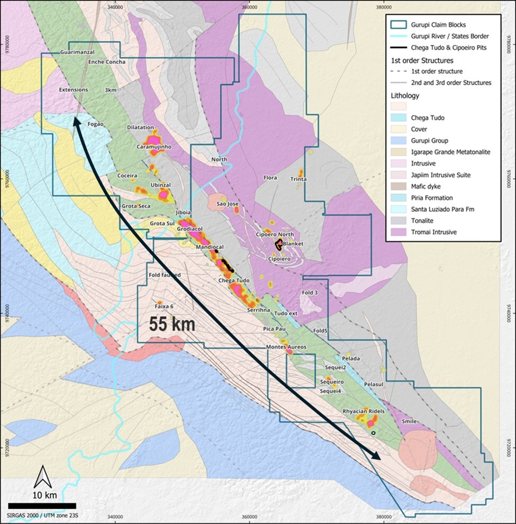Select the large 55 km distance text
(172, 324)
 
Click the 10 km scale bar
(42, 505)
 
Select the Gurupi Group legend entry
(429, 141)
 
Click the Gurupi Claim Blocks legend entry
(436, 24)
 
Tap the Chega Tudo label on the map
(233, 280)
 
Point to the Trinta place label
(298, 179)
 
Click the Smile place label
(410, 421)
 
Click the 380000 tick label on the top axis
(383, 7)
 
